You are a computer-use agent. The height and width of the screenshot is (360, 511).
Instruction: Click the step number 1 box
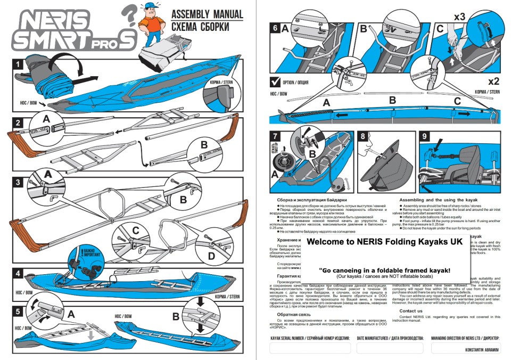[x=19, y=65]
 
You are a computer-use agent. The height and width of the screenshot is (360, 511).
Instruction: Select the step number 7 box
[x=275, y=137]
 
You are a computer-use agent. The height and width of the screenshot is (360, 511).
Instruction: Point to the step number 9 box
[x=424, y=137]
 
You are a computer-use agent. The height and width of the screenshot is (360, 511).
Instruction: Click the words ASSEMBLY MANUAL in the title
[x=207, y=14]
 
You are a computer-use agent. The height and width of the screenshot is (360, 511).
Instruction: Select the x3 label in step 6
[x=460, y=17]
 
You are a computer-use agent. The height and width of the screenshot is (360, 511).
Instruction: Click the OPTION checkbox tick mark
[x=275, y=82]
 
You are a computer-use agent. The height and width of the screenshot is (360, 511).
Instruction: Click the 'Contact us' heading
[x=411, y=311]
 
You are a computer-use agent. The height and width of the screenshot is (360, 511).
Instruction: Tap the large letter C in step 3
[x=137, y=231]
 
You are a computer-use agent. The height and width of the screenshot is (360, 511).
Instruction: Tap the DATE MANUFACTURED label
[x=390, y=338]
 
